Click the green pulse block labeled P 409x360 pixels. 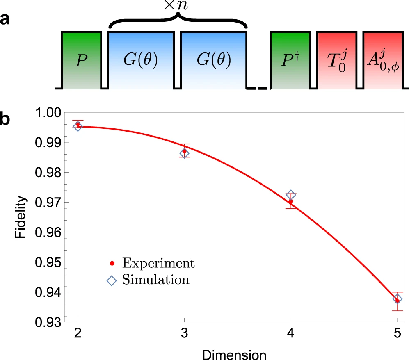click(81, 60)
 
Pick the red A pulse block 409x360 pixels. click(383, 60)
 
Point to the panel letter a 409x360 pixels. click(5, 19)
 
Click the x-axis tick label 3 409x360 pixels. click(184, 335)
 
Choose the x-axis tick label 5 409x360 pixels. click(397, 335)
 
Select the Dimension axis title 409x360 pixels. click(238, 353)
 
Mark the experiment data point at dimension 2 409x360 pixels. click(78, 124)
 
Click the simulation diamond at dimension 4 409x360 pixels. click(291, 194)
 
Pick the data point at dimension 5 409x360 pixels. click(397, 301)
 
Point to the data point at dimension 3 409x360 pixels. click(184, 151)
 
